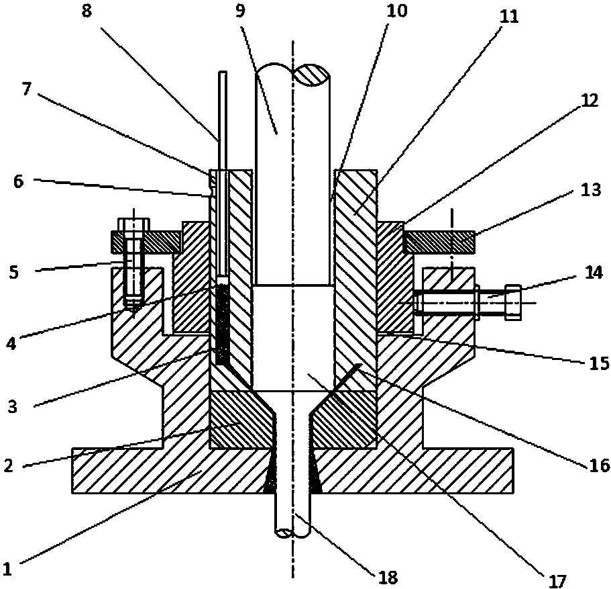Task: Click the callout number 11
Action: tap(510, 17)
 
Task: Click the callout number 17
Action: tap(559, 579)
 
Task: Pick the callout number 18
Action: tap(388, 577)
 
